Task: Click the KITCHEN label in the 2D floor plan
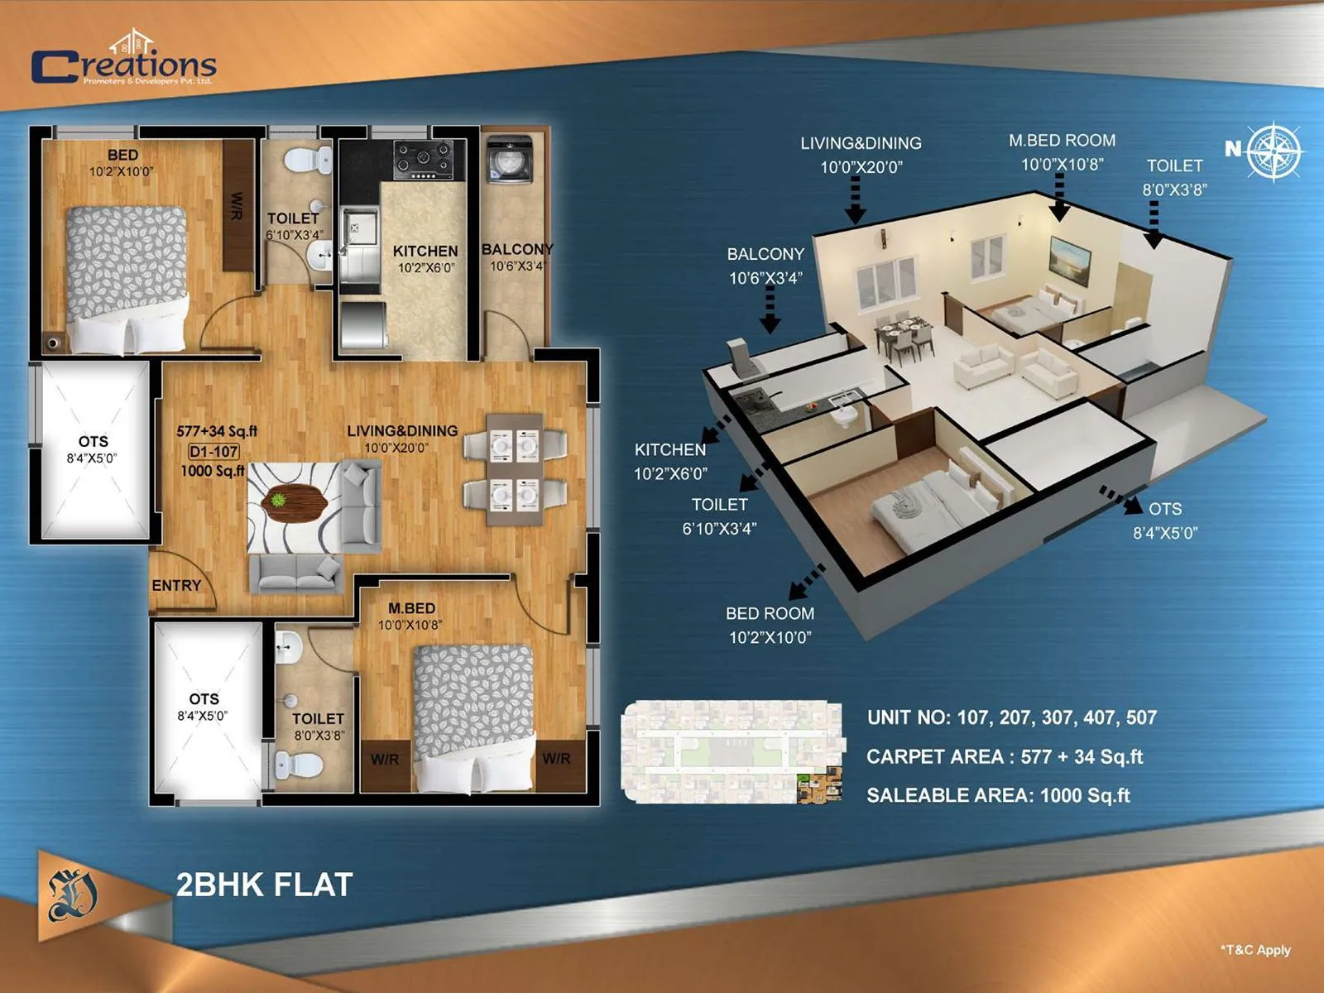[x=425, y=251]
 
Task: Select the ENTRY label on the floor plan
[x=176, y=585]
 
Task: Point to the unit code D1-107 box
[x=213, y=452]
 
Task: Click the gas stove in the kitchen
[x=422, y=160]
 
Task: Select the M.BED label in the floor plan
[x=411, y=608]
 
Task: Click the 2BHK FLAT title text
[x=264, y=885]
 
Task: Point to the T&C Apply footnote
[x=1255, y=950]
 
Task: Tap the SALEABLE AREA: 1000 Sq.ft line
[x=998, y=795]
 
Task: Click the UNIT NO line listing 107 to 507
[x=1011, y=717]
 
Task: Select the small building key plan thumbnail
[x=732, y=752]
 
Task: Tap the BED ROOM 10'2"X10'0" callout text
[x=770, y=626]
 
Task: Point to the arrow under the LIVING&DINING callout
[x=856, y=201]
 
